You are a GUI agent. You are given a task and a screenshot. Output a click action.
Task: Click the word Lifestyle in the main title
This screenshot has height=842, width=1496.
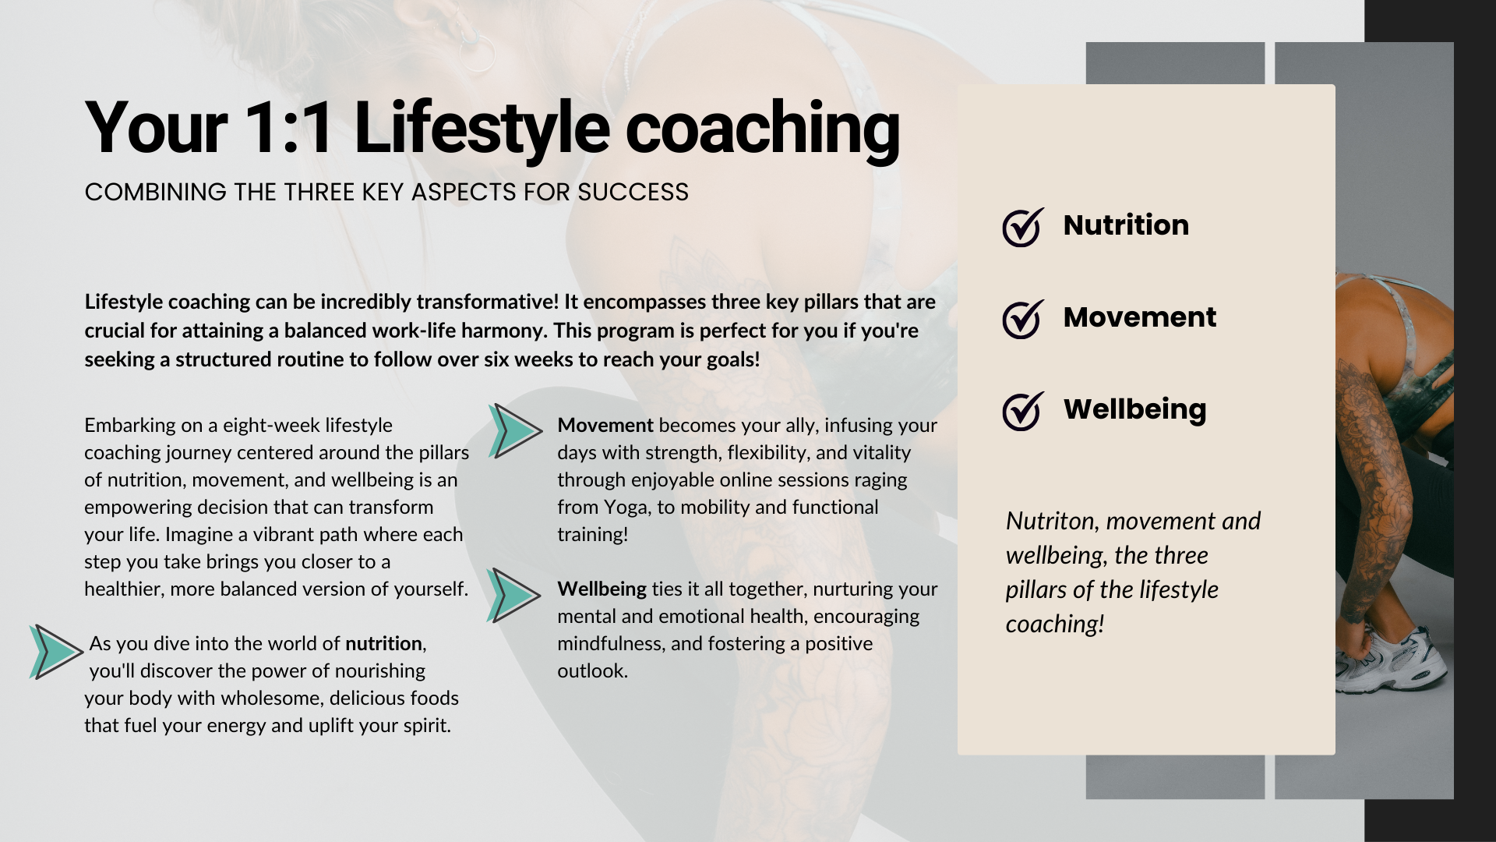[482, 129]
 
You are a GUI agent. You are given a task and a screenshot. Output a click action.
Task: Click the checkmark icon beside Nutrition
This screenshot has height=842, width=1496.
[1023, 227]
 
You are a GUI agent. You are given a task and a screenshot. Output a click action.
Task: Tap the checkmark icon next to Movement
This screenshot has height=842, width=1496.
[1023, 319]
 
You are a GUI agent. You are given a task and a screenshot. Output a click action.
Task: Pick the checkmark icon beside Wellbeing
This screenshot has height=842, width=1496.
[1023, 411]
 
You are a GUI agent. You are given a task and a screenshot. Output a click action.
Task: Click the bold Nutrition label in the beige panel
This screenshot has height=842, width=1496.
[1126, 225]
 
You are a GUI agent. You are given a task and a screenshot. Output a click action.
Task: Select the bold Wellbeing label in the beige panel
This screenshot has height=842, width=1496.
[1134, 409]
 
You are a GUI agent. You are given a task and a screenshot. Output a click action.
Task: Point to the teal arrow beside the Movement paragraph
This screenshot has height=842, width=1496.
[514, 430]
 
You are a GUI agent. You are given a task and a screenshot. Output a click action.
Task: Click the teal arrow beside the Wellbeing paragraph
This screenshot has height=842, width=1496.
[513, 595]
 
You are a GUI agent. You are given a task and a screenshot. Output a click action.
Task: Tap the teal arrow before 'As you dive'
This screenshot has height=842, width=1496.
[56, 652]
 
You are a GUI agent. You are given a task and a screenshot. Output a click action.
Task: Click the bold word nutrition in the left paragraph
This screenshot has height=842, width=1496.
[383, 644]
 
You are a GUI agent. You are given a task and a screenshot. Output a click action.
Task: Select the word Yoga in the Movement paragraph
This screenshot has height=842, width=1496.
[624, 508]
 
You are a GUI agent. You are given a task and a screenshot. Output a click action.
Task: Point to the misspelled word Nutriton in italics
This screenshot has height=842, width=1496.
[1052, 521]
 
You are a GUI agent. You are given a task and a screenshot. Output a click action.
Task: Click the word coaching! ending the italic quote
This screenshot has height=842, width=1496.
[1055, 624]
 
